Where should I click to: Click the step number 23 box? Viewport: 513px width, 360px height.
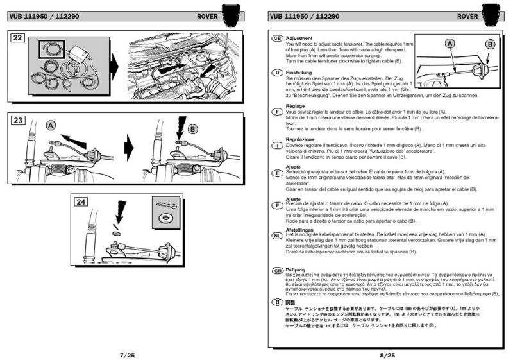pos(19,121)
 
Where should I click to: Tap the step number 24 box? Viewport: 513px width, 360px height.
pos(80,201)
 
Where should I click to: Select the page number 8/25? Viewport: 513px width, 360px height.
pos(388,354)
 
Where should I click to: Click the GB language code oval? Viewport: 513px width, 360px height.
pos(278,38)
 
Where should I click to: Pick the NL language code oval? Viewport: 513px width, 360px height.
pos(278,235)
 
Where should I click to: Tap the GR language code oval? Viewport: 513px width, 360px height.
pos(278,271)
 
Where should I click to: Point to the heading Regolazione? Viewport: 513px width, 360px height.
pos(300,138)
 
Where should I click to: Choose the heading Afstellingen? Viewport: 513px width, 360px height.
pos(300,230)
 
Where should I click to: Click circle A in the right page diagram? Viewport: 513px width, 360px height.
pos(450,42)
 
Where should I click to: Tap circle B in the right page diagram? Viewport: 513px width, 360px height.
pos(491,44)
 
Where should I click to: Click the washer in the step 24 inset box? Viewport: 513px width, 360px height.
pos(165,219)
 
